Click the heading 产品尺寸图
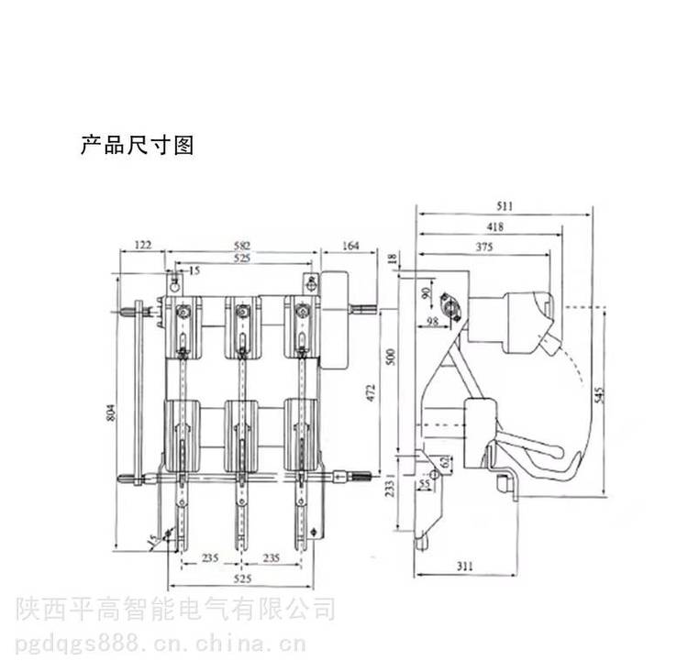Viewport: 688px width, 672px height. [137, 145]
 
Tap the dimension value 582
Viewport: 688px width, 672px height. [241, 246]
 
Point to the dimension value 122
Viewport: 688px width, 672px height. [142, 246]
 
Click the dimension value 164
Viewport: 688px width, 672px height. [349, 246]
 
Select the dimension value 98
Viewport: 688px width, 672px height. [433, 322]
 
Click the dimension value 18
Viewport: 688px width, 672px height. [392, 261]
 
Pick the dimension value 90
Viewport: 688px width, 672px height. [426, 294]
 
